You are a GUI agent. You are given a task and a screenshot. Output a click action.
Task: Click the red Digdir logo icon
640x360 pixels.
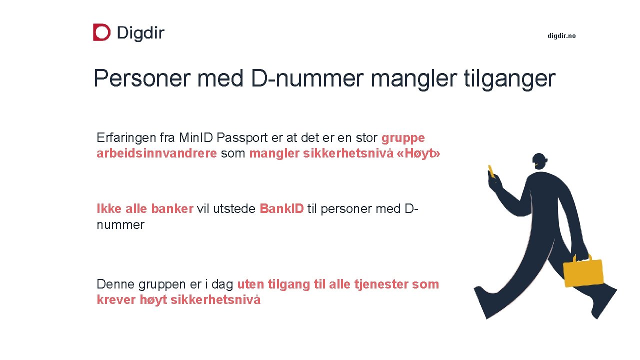101,32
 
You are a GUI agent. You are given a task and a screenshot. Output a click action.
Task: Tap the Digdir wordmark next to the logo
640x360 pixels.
140,33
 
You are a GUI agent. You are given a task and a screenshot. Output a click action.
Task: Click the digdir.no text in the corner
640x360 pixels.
561,35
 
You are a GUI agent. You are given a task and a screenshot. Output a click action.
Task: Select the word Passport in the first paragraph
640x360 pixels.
241,137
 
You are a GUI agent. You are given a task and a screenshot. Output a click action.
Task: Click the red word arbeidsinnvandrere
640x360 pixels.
156,153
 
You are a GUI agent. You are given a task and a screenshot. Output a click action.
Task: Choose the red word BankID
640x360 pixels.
281,208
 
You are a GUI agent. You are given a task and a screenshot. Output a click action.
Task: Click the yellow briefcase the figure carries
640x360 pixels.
583,272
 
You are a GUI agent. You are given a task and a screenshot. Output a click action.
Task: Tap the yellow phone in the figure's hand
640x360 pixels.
491,171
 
